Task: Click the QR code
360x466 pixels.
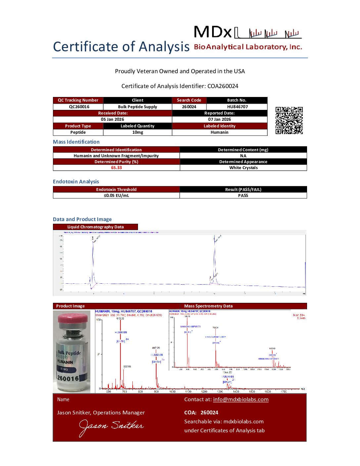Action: (289, 120)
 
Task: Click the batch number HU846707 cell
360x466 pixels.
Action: (237, 107)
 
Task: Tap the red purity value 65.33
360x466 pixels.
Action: (116, 168)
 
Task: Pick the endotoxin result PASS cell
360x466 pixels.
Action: (243, 196)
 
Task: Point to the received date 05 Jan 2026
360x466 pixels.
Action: (112, 119)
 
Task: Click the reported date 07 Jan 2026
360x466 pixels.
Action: (219, 119)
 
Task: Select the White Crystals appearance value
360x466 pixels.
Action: (243, 168)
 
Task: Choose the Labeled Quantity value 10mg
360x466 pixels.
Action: (138, 132)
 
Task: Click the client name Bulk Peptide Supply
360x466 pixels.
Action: (138, 107)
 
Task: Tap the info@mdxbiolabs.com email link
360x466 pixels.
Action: (241, 399)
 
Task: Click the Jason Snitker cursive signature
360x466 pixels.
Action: (111, 427)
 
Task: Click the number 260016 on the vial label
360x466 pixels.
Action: (68, 378)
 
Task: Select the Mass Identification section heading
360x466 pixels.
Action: (76, 142)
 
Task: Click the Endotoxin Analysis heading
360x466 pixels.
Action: (76, 182)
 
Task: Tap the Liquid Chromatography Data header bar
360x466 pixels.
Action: (95, 227)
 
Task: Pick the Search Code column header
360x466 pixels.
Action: (189, 100)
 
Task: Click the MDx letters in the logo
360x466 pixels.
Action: (213, 32)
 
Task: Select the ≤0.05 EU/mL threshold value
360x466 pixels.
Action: (116, 196)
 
